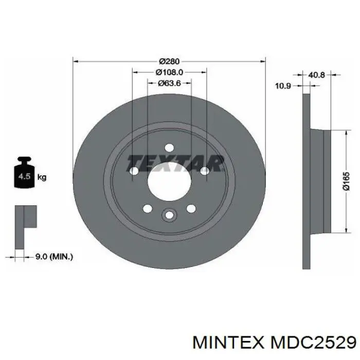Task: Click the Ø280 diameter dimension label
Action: (169, 62)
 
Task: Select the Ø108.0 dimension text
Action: (169, 73)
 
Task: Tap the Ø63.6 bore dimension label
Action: (169, 83)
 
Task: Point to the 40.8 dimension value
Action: (316, 75)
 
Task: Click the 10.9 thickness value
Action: (283, 86)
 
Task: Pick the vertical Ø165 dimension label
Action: (346, 181)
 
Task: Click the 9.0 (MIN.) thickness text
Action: (54, 257)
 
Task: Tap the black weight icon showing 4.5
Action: (24, 172)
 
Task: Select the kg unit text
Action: (42, 177)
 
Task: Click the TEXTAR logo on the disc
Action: (175, 163)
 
